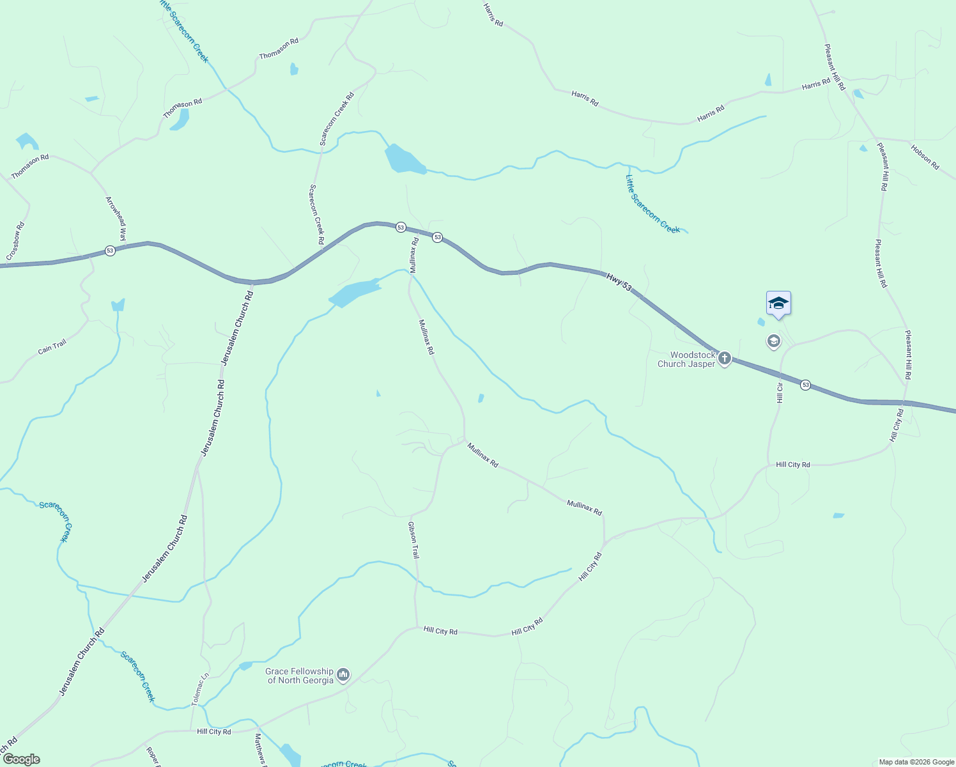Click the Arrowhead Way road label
tap(117, 219)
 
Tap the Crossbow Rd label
tap(16, 241)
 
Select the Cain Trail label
tap(52, 346)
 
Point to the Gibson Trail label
tap(413, 540)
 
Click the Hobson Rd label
tap(925, 157)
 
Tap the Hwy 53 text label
tap(619, 283)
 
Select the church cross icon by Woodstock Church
tap(724, 358)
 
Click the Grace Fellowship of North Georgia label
tap(300, 676)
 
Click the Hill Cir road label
tap(780, 393)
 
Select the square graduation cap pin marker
tap(778, 303)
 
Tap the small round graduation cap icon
tap(774, 341)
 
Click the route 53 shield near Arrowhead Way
tap(110, 251)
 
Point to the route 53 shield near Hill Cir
tap(805, 385)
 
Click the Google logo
tap(21, 759)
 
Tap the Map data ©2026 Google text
tap(916, 762)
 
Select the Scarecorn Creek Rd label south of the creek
tap(316, 214)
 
